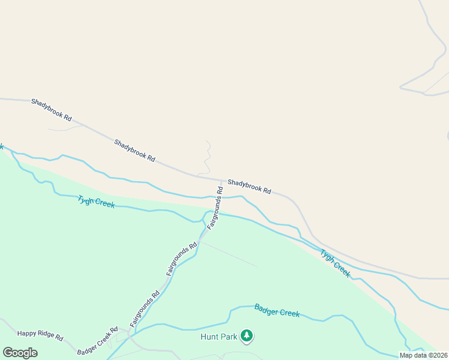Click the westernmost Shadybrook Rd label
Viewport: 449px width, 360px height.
pyautogui.click(x=52, y=107)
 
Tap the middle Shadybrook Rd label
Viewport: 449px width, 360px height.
pyautogui.click(x=135, y=151)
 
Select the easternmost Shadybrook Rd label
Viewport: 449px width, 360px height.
pyautogui.click(x=249, y=185)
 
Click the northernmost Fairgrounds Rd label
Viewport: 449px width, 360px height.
pyautogui.click(x=215, y=208)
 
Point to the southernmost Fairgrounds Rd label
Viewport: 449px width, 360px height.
pyautogui.click(x=145, y=308)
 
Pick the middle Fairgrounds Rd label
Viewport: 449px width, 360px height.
pyautogui.click(x=182, y=259)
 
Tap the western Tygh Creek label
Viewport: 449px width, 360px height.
pyautogui.click(x=96, y=202)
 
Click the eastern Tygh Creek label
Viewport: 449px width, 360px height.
pyautogui.click(x=335, y=262)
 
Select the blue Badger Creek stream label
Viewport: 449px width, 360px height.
pyautogui.click(x=277, y=310)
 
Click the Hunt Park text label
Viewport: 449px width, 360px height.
pyautogui.click(x=219, y=337)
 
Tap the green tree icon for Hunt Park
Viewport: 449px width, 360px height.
pyautogui.click(x=246, y=335)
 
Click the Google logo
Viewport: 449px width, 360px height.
pyautogui.click(x=20, y=353)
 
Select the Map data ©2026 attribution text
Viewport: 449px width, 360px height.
pyautogui.click(x=424, y=355)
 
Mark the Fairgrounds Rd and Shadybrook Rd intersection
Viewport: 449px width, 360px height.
pyautogui.click(x=221, y=180)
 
